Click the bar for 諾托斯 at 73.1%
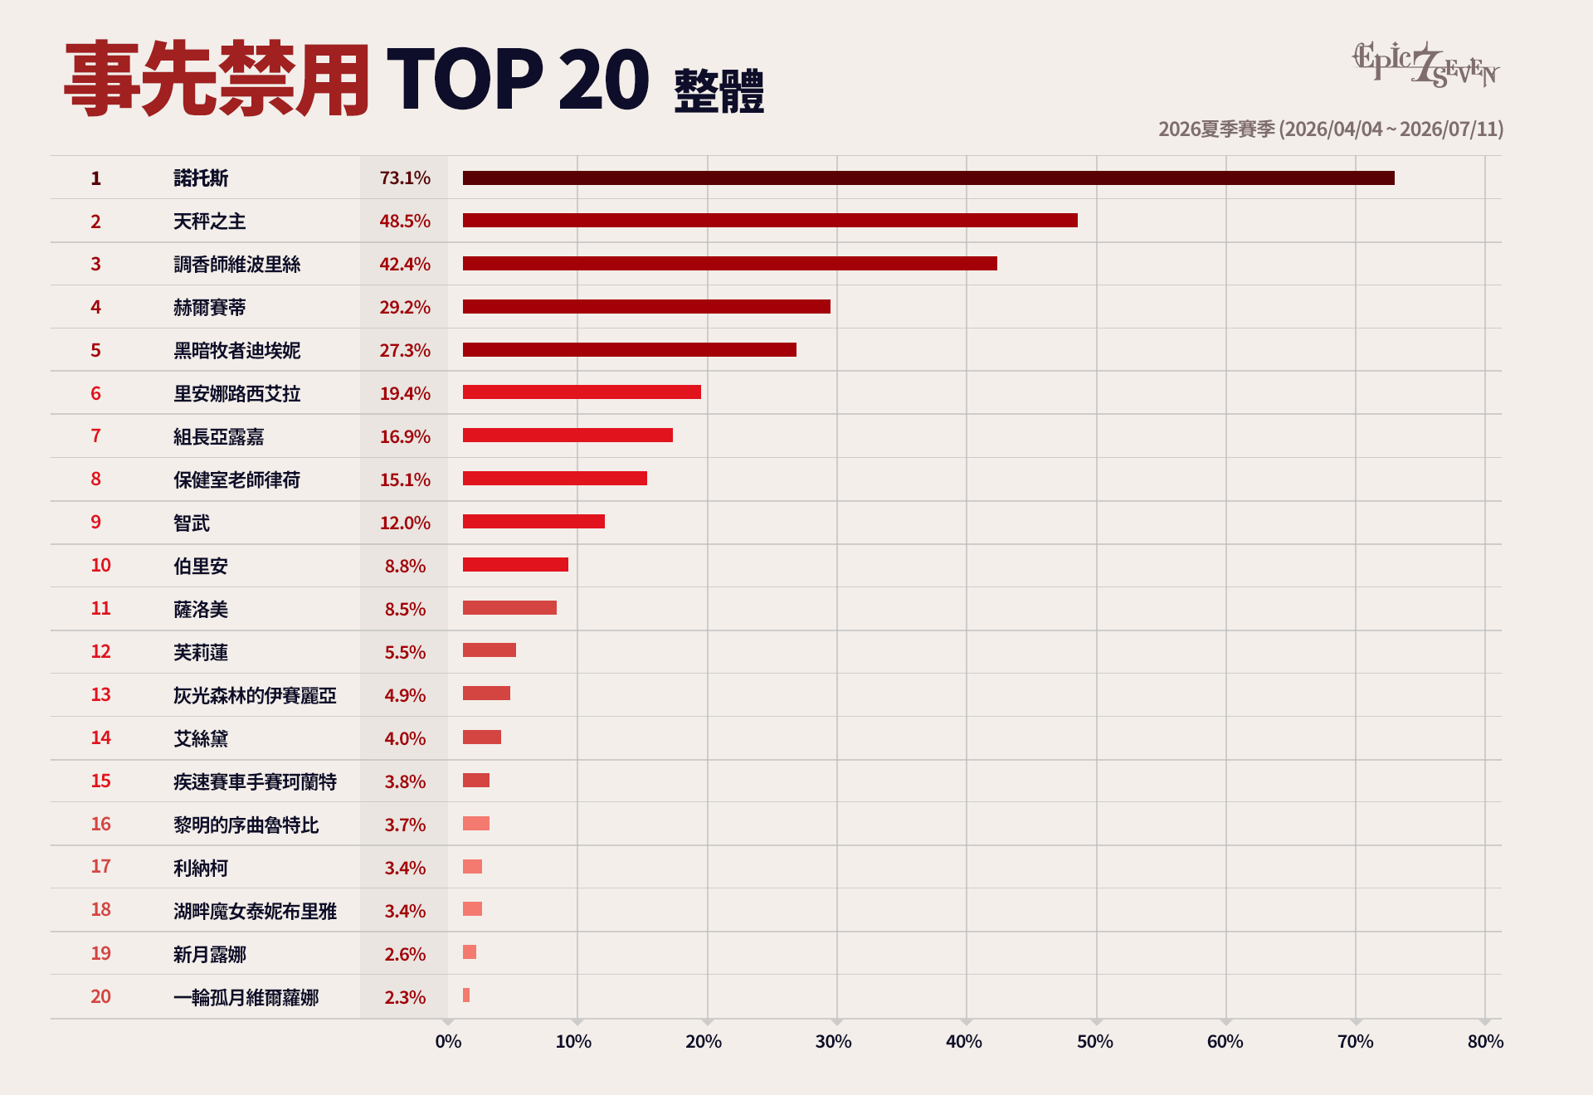(928, 178)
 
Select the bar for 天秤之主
(770, 221)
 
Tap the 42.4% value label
(405, 264)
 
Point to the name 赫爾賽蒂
(210, 307)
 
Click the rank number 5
(95, 350)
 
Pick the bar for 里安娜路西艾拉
(582, 392)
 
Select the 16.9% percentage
(405, 436)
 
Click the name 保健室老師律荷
(237, 479)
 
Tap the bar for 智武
(533, 522)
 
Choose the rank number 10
(100, 565)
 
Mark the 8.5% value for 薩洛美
(405, 609)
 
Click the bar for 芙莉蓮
(490, 650)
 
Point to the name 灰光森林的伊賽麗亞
(256, 695)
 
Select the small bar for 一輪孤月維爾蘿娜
(466, 995)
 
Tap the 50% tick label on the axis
(1095, 1042)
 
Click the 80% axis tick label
(1485, 1042)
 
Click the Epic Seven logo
(1426, 65)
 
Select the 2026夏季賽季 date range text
(1331, 129)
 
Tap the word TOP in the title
(465, 79)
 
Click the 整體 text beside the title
(719, 91)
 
